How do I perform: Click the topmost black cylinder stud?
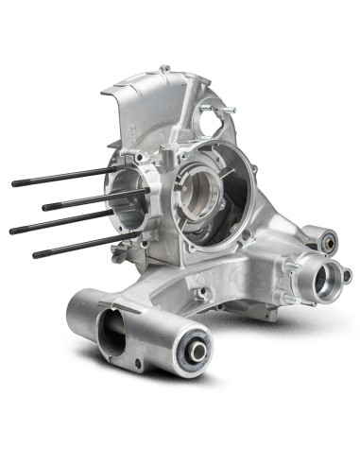pyautogui.click(x=57, y=177)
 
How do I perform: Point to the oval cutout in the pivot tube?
pyautogui.click(x=111, y=333)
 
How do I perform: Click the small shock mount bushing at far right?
pyautogui.click(x=331, y=242)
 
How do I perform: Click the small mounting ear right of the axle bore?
pyautogui.click(x=348, y=276)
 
